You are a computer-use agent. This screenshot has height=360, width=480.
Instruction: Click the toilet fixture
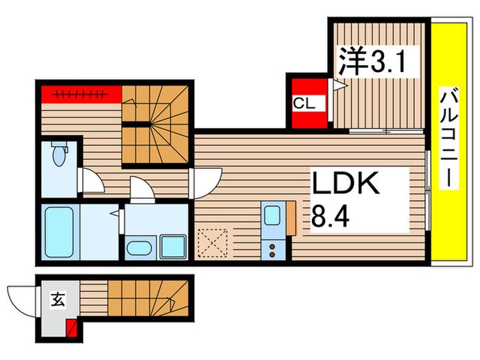point(58,154)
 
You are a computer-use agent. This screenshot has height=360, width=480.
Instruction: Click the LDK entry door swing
point(206,182)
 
